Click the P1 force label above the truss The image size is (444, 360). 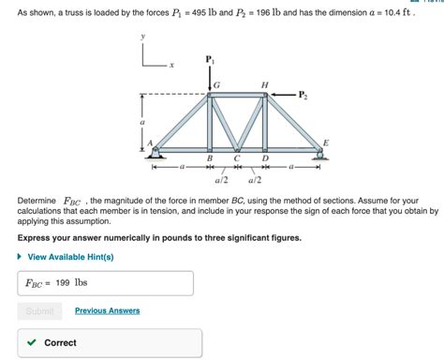pos(209,59)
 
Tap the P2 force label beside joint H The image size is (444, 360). pos(302,94)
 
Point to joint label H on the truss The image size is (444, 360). pos(264,85)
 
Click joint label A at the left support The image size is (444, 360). pos(148,142)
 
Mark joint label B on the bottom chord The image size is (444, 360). pos(210,159)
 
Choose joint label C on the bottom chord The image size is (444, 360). pos(237,159)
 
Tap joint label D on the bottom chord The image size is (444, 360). pos(265,159)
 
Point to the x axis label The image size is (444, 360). pos(171,65)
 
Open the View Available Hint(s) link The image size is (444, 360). pos(70,256)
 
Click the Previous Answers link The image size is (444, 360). pos(107,310)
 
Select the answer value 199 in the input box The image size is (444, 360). pos(63,282)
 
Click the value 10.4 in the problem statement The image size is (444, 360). pos(395,15)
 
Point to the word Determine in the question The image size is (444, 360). pos(37,201)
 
